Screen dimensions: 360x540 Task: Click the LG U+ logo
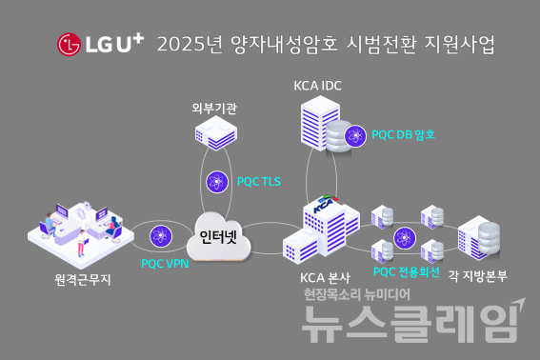100,44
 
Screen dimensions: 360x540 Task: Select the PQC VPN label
163,263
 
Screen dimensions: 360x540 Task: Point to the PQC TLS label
258,180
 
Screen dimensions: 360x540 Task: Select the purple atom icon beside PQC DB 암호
356,135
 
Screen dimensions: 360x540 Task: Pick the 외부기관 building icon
214,140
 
